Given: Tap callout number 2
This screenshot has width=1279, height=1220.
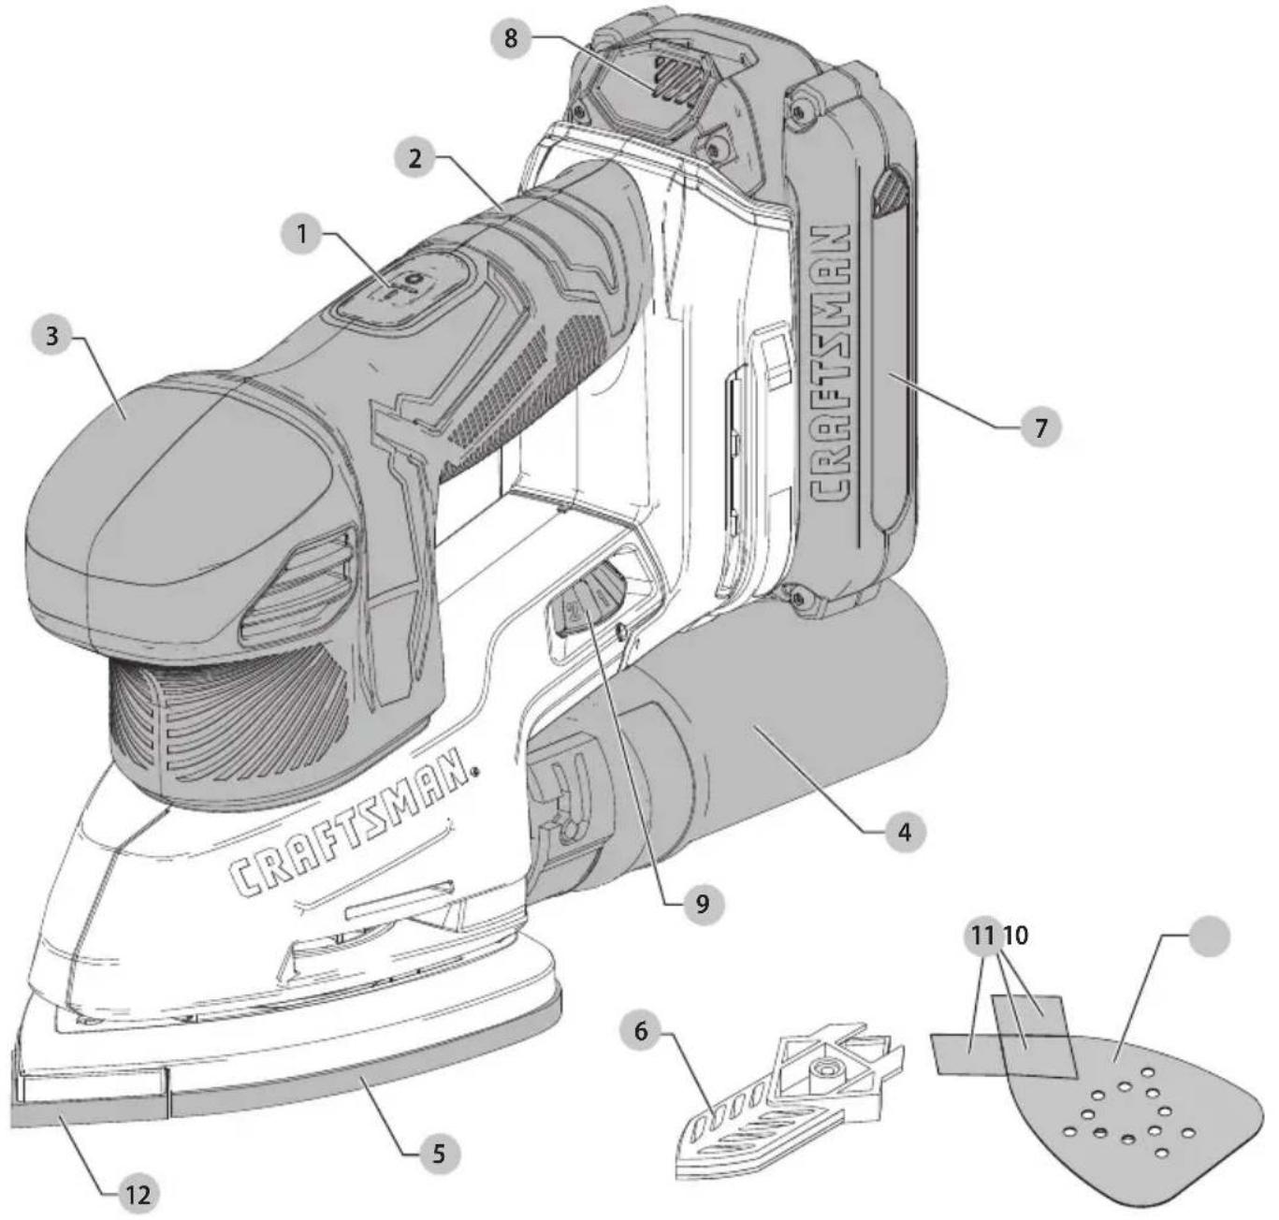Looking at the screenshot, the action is click(x=415, y=158).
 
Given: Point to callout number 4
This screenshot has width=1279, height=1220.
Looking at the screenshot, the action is click(x=905, y=832).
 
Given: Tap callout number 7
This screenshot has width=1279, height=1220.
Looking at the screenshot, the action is click(x=1040, y=428).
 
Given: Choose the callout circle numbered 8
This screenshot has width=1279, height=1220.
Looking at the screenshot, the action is click(x=512, y=38).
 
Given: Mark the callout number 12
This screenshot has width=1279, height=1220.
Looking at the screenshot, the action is click(x=138, y=1193).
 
